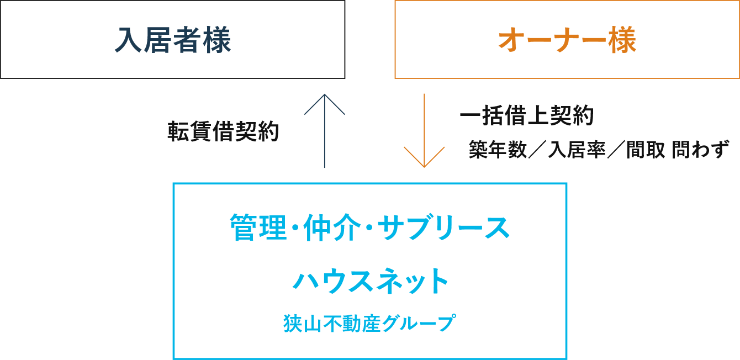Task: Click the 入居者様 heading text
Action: coord(172,40)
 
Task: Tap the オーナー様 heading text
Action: coord(567,40)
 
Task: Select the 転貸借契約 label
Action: coord(223,131)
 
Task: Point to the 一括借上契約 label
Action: coord(527,115)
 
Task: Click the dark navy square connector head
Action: coord(325,104)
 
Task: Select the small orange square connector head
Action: coord(424,157)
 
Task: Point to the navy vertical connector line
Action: coord(324,142)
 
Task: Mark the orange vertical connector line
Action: coord(424,119)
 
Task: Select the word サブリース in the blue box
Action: coord(444,227)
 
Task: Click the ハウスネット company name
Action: coord(370,280)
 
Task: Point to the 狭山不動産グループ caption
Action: coord(369,323)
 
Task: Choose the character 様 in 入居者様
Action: coord(216,40)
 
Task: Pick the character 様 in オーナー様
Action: coord(622,40)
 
